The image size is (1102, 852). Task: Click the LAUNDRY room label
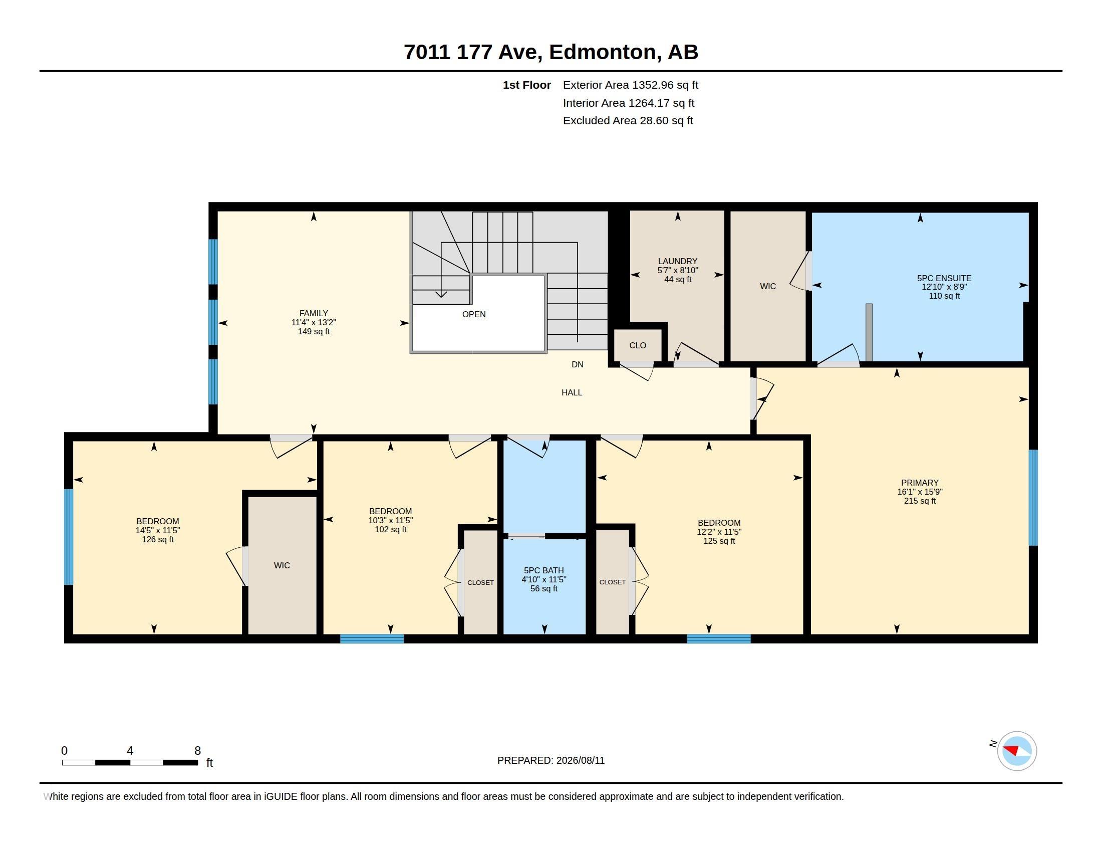coord(677,262)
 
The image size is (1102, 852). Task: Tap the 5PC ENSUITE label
coord(944,278)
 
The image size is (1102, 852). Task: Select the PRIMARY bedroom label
coord(920,483)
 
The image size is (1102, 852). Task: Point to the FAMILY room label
coord(314,313)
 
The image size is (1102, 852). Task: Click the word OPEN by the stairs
coord(474,314)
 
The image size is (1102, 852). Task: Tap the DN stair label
coord(577,364)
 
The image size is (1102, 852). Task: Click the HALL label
coord(572,392)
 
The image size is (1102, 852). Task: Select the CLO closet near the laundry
coord(638,345)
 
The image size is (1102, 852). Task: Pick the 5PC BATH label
coord(544,570)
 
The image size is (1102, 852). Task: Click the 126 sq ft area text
coord(158,540)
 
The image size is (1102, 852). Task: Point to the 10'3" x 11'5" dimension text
coord(391,520)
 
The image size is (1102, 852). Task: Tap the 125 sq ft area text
coord(719,541)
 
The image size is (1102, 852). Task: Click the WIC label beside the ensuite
coord(768,286)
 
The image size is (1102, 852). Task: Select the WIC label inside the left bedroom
coord(282,565)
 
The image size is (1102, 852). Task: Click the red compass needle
coord(1011,750)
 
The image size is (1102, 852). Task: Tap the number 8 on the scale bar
coord(198,751)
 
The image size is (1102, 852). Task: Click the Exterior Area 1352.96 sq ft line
coord(631,85)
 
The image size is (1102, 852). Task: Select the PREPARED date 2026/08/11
coord(580,760)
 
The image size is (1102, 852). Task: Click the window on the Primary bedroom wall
coord(1033,498)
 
